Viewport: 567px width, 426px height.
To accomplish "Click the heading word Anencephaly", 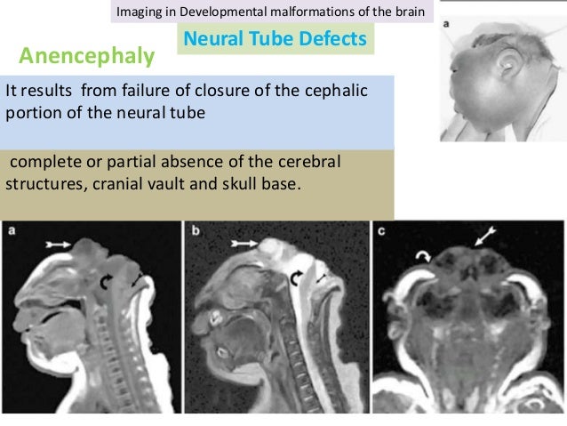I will [x=86, y=58].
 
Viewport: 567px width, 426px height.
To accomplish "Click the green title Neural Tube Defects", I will [x=274, y=39].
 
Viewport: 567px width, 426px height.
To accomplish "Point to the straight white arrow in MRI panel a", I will [x=60, y=241].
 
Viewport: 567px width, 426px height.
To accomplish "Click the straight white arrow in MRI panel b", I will [x=244, y=241].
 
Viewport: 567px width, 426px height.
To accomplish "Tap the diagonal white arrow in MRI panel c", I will [x=485, y=237].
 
